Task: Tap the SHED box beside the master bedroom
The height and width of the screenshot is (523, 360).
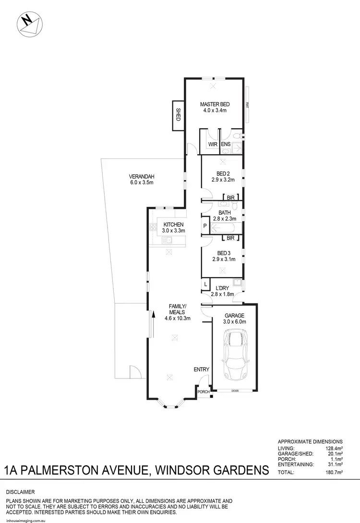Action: (177, 115)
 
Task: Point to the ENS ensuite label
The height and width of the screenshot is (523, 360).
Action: (226, 144)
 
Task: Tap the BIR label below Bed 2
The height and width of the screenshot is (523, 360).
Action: (230, 197)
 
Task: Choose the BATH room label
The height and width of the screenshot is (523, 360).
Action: (225, 213)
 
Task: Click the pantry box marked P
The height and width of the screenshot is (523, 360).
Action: (205, 226)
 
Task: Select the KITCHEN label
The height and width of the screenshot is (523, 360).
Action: (174, 225)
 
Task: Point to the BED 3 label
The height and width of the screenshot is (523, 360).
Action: (222, 253)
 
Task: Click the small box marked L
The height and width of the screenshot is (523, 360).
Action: (205, 285)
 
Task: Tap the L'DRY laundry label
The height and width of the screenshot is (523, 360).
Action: (222, 288)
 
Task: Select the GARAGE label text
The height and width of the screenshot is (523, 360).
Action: (235, 316)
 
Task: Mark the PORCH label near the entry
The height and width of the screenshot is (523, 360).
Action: (204, 392)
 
